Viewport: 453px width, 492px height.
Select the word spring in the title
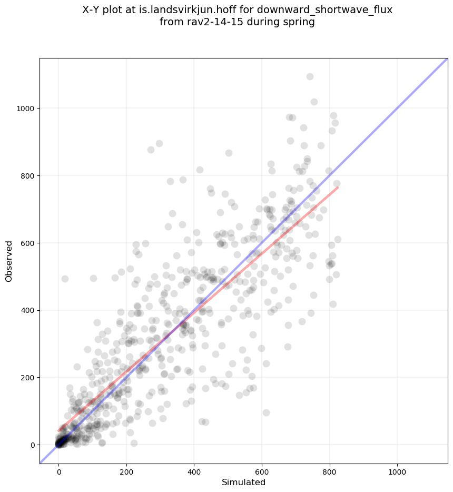click(x=300, y=22)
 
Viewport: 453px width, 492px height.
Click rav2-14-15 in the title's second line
click(x=209, y=22)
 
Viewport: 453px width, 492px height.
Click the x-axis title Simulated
click(x=243, y=482)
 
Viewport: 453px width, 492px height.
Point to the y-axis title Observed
click(x=9, y=261)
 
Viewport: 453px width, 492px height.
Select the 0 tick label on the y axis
click(x=32, y=445)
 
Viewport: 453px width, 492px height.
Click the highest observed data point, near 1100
click(x=310, y=76)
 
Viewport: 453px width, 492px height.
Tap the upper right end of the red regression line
click(x=337, y=188)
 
